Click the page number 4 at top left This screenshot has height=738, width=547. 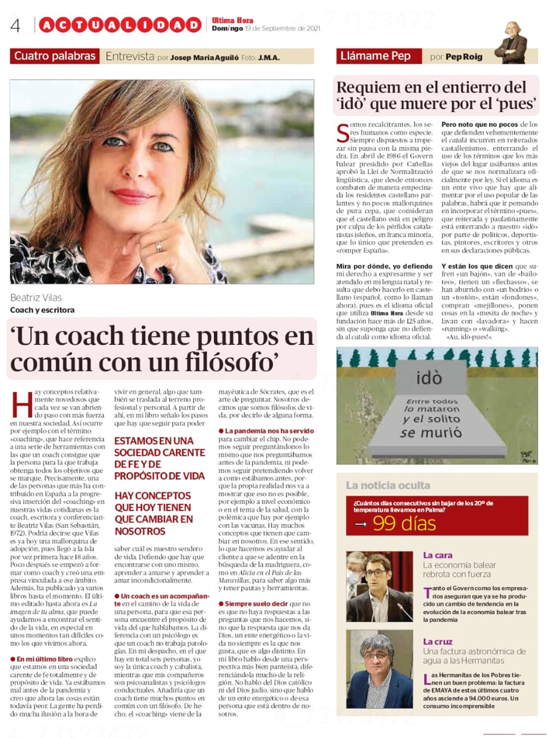(x=15, y=26)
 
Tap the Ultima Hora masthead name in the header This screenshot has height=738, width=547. (x=232, y=20)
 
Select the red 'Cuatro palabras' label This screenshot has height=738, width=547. (x=55, y=56)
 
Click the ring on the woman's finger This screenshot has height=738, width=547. (x=159, y=246)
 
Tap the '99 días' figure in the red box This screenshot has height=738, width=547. (x=404, y=523)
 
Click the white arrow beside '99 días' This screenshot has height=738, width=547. (x=361, y=524)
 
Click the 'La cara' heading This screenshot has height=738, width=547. (x=437, y=556)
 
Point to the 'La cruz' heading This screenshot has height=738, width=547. (x=438, y=641)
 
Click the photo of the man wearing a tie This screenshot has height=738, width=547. (x=379, y=586)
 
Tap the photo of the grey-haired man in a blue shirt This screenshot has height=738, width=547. (x=379, y=669)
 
